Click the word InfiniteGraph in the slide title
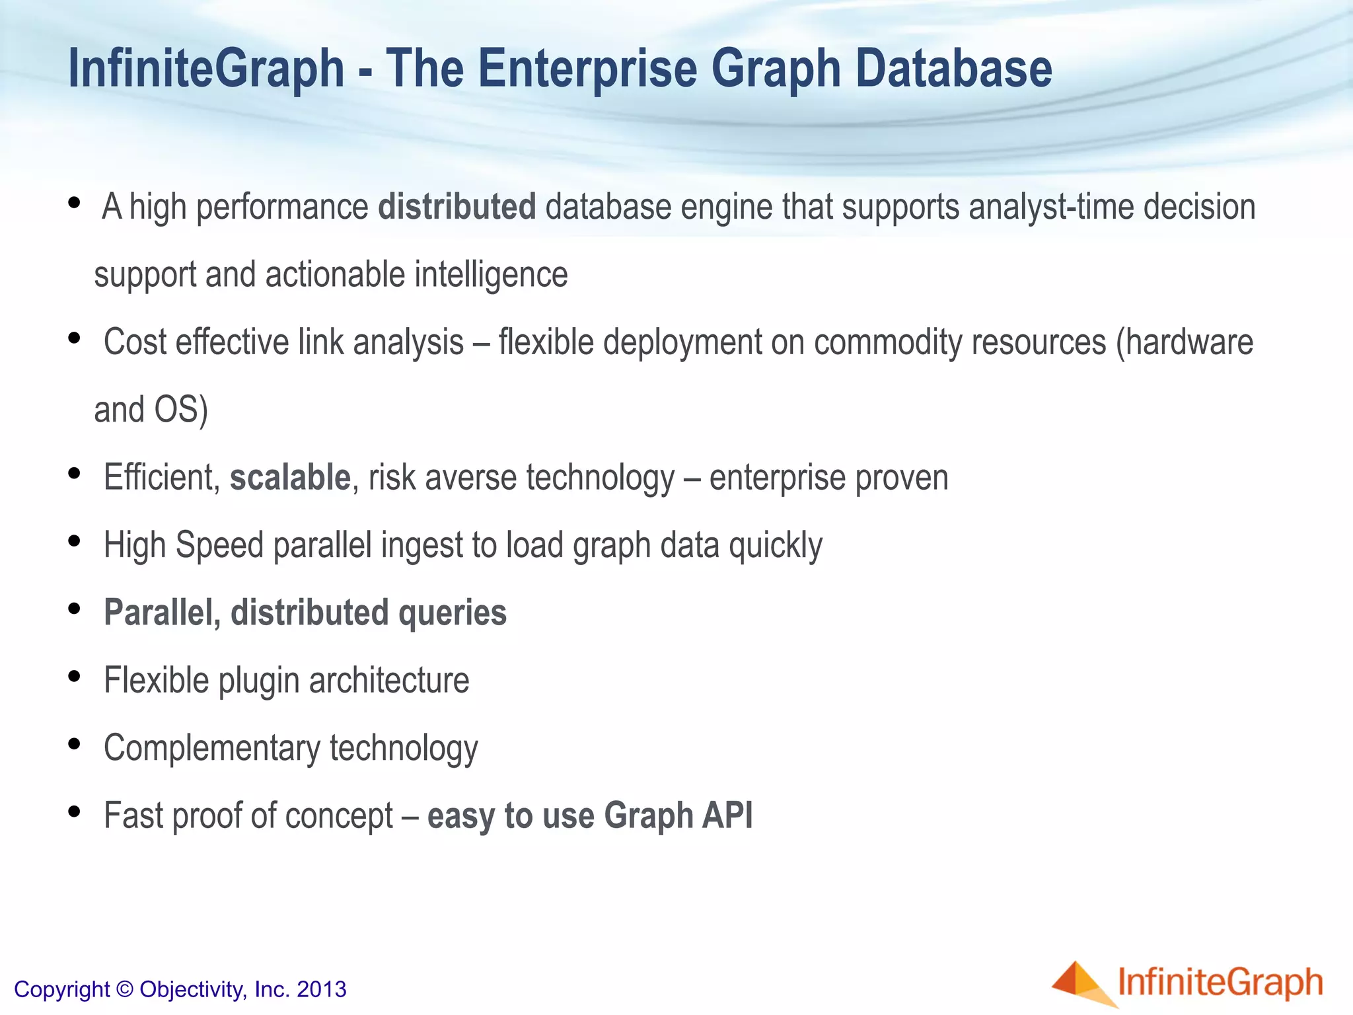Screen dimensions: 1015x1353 point(206,70)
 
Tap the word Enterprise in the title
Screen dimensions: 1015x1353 point(587,70)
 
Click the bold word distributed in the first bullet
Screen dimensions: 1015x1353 point(457,207)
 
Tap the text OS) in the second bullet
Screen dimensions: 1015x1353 point(181,410)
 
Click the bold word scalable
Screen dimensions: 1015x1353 point(289,477)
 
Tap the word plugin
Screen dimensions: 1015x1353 point(258,681)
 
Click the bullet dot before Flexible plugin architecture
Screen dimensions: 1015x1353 point(74,677)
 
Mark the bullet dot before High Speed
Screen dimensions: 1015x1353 point(74,541)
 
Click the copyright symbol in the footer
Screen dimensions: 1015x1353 point(124,989)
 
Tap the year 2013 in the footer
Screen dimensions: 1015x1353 point(322,989)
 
